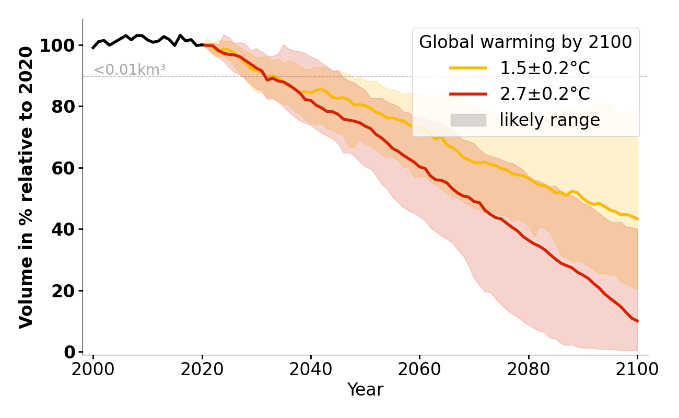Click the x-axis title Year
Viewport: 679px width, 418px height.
coord(365,390)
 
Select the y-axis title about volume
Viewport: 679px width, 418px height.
coord(26,187)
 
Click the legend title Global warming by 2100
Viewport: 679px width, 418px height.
coord(525,42)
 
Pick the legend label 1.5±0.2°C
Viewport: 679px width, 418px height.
coord(545,68)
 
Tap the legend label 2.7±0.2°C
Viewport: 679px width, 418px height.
coord(545,94)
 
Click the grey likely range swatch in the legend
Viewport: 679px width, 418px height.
coord(468,120)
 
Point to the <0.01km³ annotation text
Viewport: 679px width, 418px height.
coord(130,70)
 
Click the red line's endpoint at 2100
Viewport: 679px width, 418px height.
coord(637,321)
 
